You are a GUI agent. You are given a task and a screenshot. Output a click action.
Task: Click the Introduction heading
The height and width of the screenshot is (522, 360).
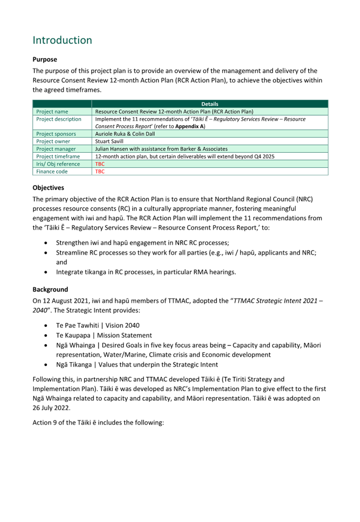coord(63,40)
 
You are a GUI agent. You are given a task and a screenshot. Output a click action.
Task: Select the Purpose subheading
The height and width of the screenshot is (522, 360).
coord(45,59)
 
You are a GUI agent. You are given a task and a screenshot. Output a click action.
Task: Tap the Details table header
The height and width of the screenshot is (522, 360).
coord(209,104)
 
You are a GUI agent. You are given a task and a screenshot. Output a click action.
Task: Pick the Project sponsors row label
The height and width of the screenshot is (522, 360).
coord(56,134)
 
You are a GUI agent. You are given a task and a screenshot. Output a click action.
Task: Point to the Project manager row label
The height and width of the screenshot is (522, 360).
coord(56,149)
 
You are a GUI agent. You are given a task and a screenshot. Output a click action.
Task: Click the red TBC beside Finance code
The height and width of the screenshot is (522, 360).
coord(100,171)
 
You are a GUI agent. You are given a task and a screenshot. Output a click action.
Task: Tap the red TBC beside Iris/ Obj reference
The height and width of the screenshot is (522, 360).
coord(100,164)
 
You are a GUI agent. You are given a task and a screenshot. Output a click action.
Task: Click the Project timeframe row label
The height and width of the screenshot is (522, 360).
coord(58,157)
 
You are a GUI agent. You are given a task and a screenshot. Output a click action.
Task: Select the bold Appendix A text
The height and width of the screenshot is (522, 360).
coord(189,126)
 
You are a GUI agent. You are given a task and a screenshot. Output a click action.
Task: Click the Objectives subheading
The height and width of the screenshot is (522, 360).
coord(48,188)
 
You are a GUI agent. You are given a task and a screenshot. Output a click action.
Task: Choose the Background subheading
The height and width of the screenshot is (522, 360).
coord(50,289)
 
